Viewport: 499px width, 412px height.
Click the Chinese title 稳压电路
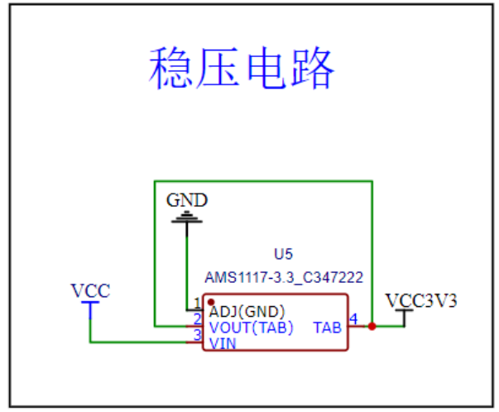[x=242, y=68]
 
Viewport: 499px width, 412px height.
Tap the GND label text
[x=187, y=200]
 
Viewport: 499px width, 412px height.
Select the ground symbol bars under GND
[x=187, y=217]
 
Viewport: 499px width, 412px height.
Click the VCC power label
[x=91, y=290]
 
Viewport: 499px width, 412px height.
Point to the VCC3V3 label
[x=421, y=300]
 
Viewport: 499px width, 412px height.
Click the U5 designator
[x=283, y=254]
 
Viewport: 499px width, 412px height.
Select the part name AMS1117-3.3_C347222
[x=284, y=277]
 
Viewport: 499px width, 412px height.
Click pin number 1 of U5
[x=198, y=303]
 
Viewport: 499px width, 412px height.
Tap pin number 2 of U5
[x=198, y=319]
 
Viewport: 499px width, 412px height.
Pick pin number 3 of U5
[x=198, y=335]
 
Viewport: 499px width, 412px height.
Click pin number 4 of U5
[x=353, y=319]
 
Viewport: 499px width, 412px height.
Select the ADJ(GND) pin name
[x=247, y=312]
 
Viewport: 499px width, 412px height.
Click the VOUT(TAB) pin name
[x=251, y=328]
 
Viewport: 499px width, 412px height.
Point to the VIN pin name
[x=223, y=343]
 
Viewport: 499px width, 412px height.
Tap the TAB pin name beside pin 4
[x=328, y=328]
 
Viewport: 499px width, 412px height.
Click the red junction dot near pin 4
[x=372, y=327]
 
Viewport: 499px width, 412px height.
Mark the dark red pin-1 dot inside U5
[x=211, y=302]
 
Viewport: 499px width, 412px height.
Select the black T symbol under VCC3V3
[x=404, y=318]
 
